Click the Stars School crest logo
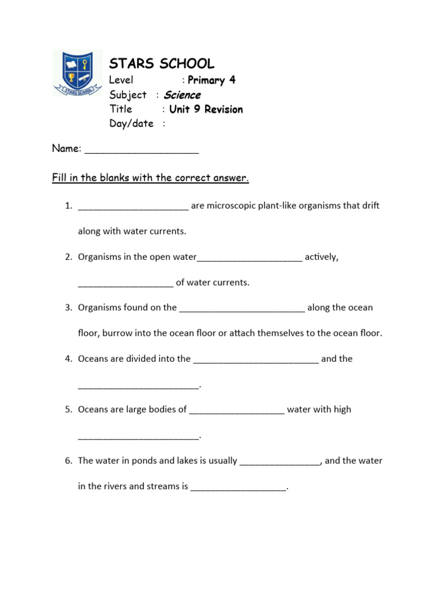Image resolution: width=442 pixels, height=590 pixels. tap(77, 72)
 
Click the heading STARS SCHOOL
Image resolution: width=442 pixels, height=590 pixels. tap(162, 63)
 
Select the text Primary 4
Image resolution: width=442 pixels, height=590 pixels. tap(211, 80)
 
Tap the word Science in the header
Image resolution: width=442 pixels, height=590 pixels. tap(182, 95)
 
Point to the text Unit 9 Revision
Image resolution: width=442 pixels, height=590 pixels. tap(206, 109)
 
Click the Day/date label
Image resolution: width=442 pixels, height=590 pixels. tap(132, 123)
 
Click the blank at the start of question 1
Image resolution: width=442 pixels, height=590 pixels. tap(133, 207)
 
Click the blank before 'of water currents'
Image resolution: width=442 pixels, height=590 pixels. tap(125, 284)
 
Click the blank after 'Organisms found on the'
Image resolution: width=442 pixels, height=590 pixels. tap(242, 309)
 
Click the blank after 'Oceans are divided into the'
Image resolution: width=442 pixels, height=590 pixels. tap(256, 361)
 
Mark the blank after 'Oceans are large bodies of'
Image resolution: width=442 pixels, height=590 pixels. tap(237, 411)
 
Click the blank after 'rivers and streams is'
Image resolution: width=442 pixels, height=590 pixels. tap(238, 489)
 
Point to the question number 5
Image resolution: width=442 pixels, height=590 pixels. tap(68, 410)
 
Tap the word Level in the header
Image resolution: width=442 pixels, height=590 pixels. tap(121, 80)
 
